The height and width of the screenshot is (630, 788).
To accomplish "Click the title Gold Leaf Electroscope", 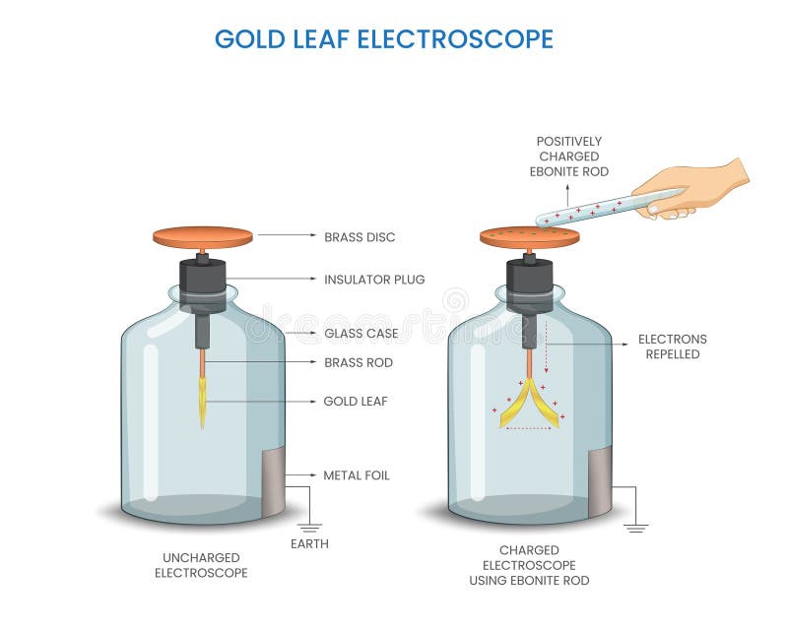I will [384, 38].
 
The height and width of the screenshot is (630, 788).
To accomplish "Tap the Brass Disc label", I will [360, 237].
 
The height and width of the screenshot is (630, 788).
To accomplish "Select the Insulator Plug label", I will [374, 280].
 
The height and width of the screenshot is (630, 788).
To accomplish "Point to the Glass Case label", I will [361, 334].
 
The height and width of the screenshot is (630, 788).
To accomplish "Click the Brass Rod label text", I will [359, 362].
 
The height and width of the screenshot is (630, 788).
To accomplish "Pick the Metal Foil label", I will [357, 475].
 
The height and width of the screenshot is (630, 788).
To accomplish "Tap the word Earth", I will [309, 543].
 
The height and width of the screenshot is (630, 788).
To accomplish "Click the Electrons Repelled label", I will [672, 346].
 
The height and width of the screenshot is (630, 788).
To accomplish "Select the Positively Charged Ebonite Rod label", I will [568, 156].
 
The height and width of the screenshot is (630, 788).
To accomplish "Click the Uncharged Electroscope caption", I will [201, 565].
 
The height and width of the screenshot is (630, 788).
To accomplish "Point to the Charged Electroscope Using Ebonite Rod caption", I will [529, 565].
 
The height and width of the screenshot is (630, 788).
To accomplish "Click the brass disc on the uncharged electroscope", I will [203, 237].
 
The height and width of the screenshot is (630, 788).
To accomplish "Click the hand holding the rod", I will [694, 187].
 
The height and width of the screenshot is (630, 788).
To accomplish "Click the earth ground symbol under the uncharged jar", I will [309, 527].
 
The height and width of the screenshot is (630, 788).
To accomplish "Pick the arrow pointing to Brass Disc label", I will [286, 236].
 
